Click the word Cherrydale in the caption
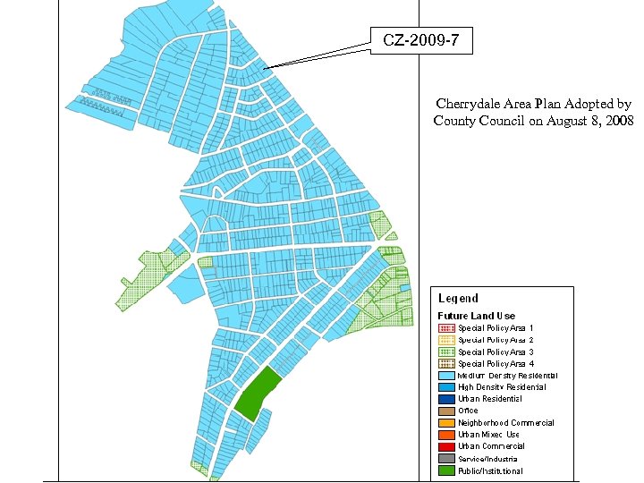[469, 105]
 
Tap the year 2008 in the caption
[618, 121]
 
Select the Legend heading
[458, 299]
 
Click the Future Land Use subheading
[476, 316]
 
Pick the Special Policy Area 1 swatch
[446, 328]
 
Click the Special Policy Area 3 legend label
[496, 352]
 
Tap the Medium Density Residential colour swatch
[446, 376]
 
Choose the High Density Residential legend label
[502, 387]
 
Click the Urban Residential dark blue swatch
[446, 399]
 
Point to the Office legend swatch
[446, 411]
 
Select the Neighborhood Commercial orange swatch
[446, 423]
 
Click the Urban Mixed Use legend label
[488, 435]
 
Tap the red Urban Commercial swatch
[446, 446]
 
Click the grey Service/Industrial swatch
[446, 459]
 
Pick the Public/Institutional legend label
[490, 470]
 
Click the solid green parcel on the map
[258, 393]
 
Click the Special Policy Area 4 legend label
[496, 364]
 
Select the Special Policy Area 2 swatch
[446, 340]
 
